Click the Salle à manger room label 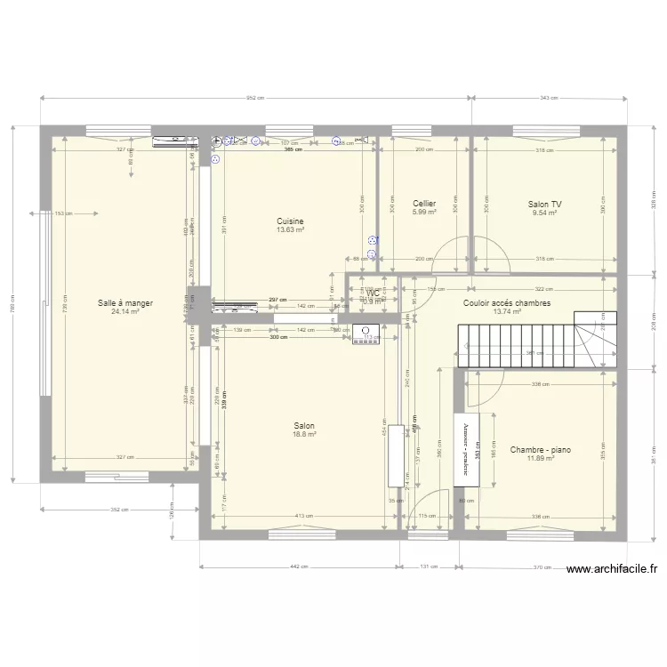(x=125, y=303)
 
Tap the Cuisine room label (x=290, y=221)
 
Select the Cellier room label (x=423, y=204)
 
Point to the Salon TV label (x=544, y=204)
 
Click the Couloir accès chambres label (x=506, y=303)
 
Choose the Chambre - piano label (x=540, y=450)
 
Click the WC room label (x=373, y=293)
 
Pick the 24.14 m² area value (x=125, y=312)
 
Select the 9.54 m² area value (x=544, y=213)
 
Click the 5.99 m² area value (x=423, y=213)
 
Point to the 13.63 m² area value (x=290, y=230)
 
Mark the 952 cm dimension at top (x=255, y=98)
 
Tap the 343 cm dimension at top (x=548, y=98)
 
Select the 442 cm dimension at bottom (x=300, y=567)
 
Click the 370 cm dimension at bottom (x=543, y=567)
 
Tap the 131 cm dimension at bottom (x=430, y=567)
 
